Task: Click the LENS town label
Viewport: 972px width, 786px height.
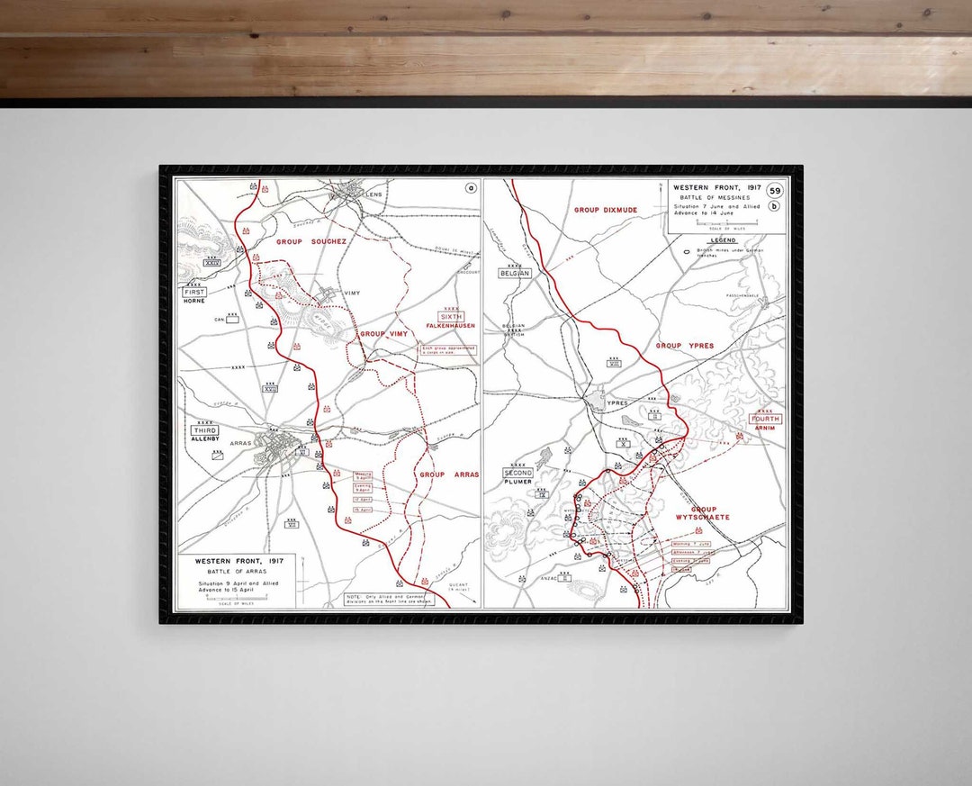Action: click(x=374, y=194)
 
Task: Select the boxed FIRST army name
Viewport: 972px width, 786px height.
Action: click(x=194, y=293)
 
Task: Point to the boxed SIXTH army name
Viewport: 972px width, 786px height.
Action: click(x=452, y=317)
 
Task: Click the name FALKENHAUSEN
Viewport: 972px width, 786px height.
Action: click(x=451, y=327)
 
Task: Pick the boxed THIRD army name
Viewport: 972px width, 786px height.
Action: click(x=204, y=431)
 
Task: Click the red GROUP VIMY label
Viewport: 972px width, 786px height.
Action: click(x=384, y=334)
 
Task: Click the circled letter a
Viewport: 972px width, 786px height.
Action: click(x=470, y=188)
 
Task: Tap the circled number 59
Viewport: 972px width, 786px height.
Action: click(x=775, y=190)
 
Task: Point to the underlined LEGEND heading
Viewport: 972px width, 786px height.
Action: click(x=723, y=240)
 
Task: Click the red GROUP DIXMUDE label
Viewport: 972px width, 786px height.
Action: click(x=606, y=210)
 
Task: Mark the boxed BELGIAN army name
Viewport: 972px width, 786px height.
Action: click(x=517, y=273)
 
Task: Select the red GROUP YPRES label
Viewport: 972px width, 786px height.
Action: click(x=684, y=346)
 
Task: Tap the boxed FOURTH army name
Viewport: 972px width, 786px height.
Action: click(x=766, y=419)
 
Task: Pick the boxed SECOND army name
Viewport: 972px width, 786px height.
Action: click(x=517, y=473)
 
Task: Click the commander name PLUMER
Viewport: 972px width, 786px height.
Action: click(x=517, y=482)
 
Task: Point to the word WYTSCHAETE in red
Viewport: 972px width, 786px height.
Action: click(x=703, y=517)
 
